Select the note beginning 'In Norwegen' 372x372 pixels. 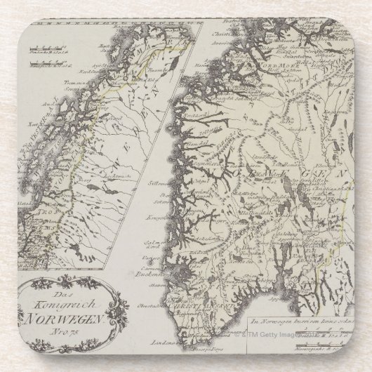pos(303,319)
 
